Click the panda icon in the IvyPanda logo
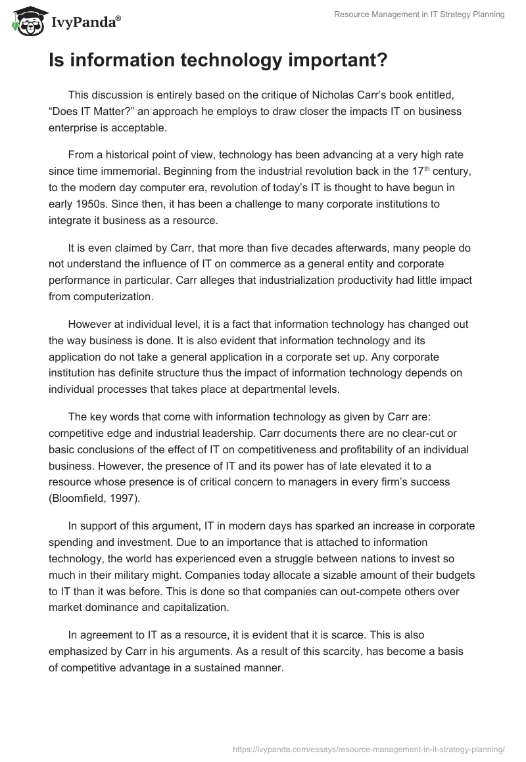point(24,21)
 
